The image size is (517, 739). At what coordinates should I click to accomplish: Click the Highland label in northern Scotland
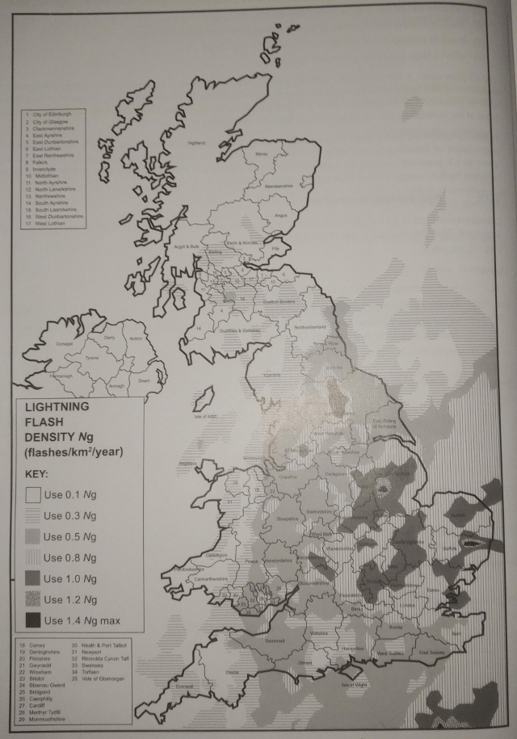tap(196, 143)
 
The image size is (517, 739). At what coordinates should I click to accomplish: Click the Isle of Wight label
tap(355, 683)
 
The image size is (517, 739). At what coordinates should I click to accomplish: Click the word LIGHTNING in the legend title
tap(53, 408)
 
